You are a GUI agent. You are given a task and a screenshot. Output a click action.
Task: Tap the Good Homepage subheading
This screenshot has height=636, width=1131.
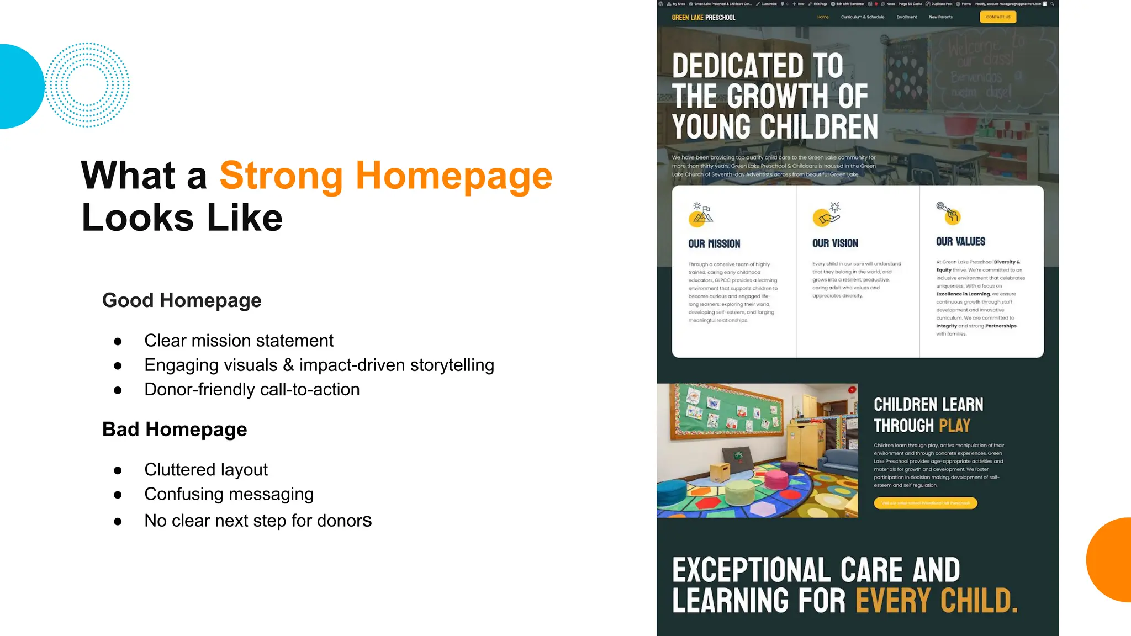pyautogui.click(x=182, y=300)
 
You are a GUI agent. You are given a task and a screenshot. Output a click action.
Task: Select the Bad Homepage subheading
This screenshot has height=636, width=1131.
pyautogui.click(x=175, y=430)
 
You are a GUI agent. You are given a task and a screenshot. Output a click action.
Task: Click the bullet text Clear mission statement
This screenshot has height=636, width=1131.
pyautogui.click(x=239, y=341)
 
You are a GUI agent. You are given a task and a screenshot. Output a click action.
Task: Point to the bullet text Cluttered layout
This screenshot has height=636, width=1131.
pyautogui.click(x=206, y=470)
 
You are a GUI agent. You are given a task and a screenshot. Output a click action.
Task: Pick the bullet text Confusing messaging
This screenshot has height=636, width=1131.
pyautogui.click(x=229, y=494)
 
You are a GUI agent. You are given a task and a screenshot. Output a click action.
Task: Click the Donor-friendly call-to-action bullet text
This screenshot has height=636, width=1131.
pyautogui.click(x=252, y=390)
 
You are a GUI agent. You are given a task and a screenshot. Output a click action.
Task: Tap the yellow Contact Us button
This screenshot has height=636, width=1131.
pyautogui.click(x=998, y=17)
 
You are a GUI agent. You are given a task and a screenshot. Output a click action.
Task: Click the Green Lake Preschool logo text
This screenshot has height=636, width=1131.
pyautogui.click(x=703, y=18)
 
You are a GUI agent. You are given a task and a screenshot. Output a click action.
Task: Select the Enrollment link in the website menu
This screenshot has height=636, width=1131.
pyautogui.click(x=906, y=17)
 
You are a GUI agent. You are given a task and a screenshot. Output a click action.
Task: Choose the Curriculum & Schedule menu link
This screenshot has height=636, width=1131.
pyautogui.click(x=862, y=17)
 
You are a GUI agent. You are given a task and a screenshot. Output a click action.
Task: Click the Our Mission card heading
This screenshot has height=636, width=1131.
pyautogui.click(x=714, y=244)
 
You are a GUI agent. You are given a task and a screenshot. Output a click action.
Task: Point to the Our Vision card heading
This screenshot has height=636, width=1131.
pyautogui.click(x=835, y=243)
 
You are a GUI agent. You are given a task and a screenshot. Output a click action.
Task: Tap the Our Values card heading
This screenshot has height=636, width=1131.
pyautogui.click(x=960, y=242)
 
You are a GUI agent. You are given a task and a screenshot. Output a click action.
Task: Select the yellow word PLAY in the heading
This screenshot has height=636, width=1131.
pyautogui.click(x=954, y=426)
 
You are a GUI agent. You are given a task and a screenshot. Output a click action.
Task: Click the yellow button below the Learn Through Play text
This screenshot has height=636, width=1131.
pyautogui.click(x=925, y=503)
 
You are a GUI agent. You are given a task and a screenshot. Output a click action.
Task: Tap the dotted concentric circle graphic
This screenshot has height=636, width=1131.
pyautogui.click(x=87, y=85)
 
